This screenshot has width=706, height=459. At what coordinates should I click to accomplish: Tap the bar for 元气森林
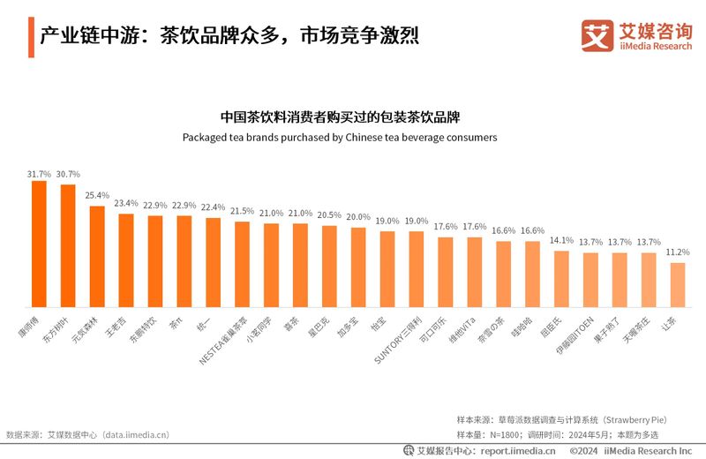[97, 256]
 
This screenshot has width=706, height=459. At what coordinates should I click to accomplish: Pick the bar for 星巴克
[329, 266]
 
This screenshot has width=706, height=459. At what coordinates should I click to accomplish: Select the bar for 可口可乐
[446, 271]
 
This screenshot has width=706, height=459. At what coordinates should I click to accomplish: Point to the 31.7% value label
[39, 174]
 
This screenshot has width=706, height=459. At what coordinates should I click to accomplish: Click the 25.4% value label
[97, 195]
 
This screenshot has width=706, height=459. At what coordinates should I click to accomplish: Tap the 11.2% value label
[677, 252]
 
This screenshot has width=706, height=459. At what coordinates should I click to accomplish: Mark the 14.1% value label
[561, 240]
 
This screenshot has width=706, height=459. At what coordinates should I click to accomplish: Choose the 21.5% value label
[242, 211]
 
